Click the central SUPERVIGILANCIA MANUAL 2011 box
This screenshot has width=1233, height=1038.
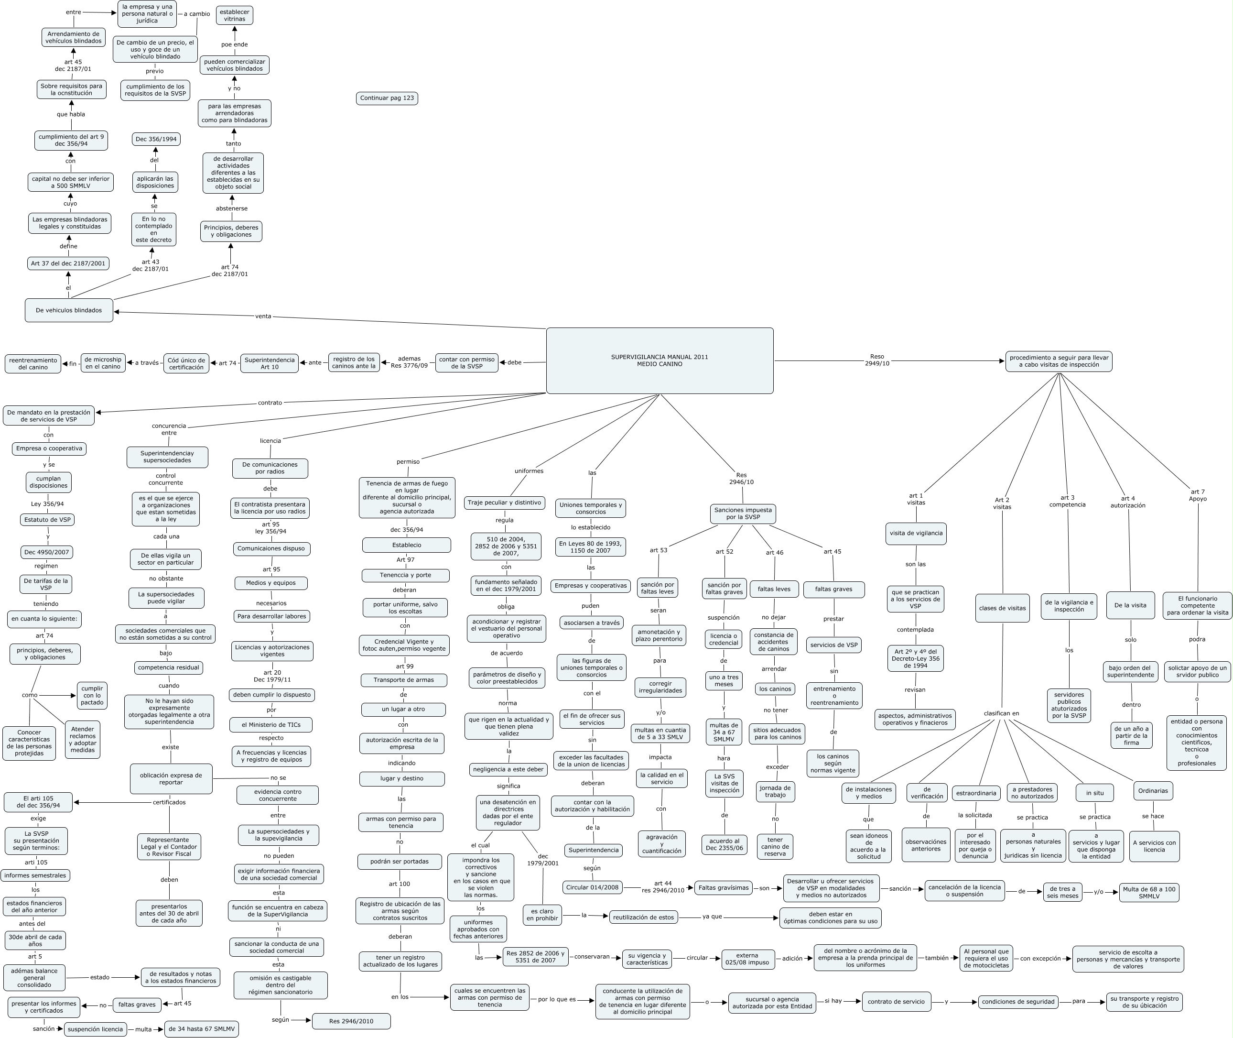tap(660, 360)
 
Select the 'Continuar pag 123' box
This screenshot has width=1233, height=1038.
tap(387, 98)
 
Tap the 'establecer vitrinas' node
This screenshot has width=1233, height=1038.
tap(234, 15)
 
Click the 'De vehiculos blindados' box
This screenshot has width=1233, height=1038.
tap(69, 310)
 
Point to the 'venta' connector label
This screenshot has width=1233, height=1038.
tap(263, 316)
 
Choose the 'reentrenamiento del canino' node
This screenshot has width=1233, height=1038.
tap(33, 364)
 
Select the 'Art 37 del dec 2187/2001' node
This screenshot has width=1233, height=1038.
tap(68, 263)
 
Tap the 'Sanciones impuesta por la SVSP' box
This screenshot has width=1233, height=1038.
tap(742, 514)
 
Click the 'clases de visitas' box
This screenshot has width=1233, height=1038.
tap(1002, 609)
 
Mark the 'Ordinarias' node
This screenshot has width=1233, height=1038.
tap(1152, 791)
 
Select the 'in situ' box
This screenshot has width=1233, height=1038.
tap(1095, 793)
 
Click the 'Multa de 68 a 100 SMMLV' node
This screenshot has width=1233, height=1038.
tap(1149, 893)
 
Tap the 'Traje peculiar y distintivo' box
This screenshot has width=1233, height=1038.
tap(504, 503)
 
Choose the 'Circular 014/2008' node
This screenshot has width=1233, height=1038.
tap(593, 887)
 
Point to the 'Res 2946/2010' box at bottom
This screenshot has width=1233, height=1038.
tap(351, 1021)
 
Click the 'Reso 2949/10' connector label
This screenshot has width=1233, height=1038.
tap(876, 360)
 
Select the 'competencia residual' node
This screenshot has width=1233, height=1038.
tap(168, 667)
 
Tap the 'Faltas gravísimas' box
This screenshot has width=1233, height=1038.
tap(723, 887)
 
